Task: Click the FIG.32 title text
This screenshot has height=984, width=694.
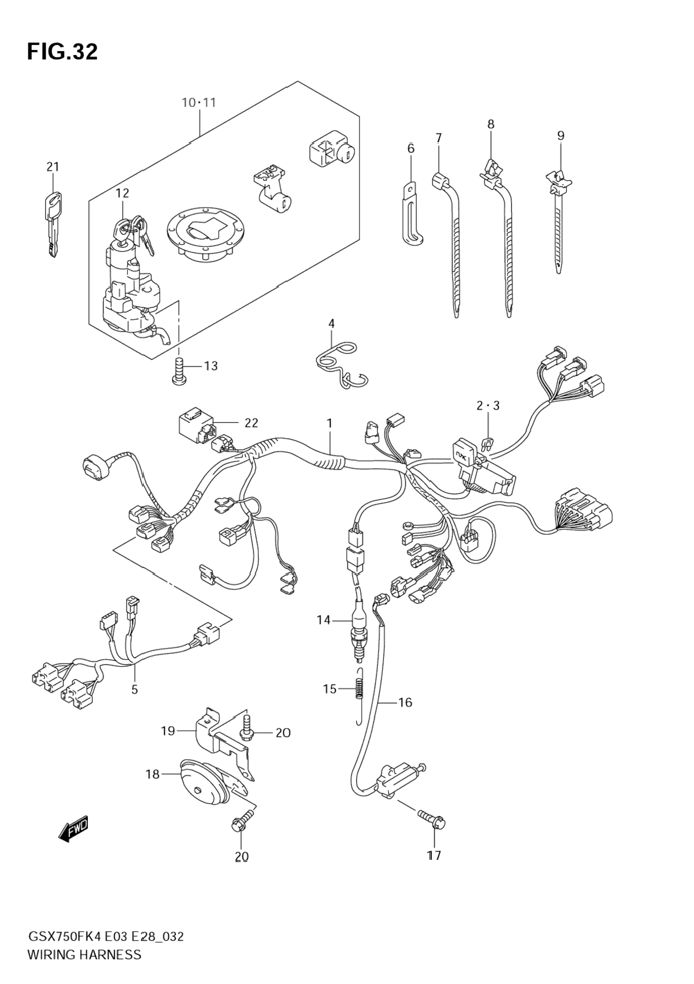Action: coord(62,52)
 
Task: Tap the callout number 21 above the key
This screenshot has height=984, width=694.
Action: coord(52,166)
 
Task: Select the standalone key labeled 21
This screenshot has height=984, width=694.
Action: coord(52,223)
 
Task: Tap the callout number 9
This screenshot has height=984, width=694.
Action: coord(560,136)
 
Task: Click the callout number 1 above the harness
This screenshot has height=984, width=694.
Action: coord(329,424)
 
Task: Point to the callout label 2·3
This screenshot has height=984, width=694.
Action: coord(488,406)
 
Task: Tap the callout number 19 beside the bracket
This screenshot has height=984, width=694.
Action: coord(168,731)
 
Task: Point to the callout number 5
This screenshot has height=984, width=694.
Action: coord(135,690)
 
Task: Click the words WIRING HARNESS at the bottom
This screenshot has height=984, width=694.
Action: coord(84,955)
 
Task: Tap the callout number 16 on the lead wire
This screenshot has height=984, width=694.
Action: coord(405,702)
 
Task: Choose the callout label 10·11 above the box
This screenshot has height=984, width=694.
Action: coord(199,102)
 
